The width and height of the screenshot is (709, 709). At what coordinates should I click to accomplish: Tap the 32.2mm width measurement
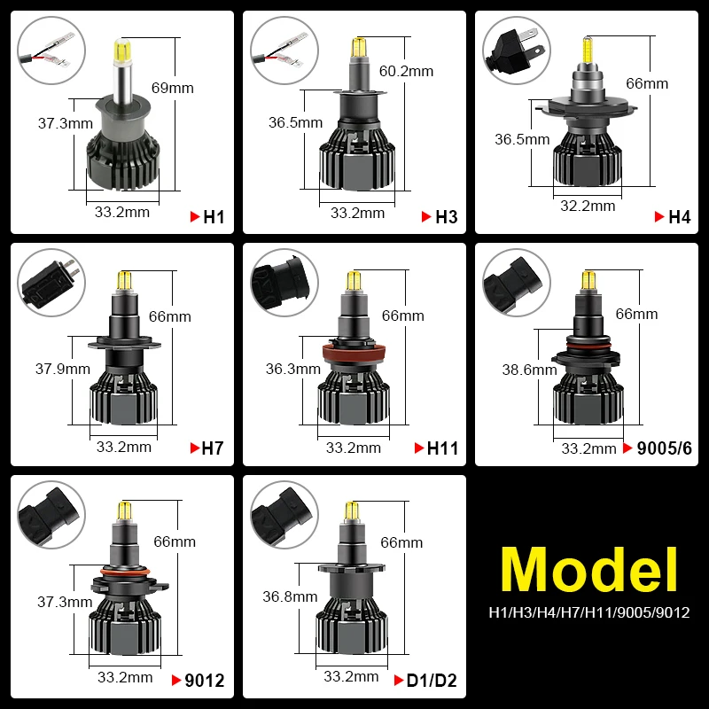tap(587, 206)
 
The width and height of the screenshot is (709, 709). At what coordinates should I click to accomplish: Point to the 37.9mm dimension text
tap(62, 369)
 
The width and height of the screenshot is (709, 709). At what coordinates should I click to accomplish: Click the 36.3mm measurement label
tap(293, 369)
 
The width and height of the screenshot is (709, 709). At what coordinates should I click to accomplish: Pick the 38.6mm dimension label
tap(529, 370)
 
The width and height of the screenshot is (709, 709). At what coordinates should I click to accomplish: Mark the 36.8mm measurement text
tap(290, 596)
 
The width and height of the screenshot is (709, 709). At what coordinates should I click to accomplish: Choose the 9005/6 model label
tap(663, 448)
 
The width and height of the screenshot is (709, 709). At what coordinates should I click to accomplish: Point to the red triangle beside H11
tap(419, 449)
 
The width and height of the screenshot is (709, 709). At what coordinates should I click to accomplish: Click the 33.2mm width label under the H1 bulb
tap(122, 212)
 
